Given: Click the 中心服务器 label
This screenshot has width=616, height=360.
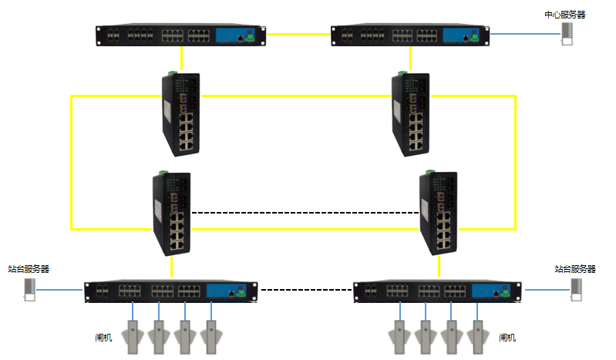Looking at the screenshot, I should (x=564, y=14).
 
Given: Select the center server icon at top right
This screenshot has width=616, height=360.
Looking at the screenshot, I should (x=567, y=35).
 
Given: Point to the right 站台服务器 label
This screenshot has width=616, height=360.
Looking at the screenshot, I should (x=575, y=269).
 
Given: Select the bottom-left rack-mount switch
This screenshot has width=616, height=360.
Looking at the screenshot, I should (x=170, y=291).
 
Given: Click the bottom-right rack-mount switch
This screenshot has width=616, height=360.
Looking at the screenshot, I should (x=439, y=291).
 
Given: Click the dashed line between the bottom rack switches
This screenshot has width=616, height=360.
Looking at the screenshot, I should (x=305, y=291).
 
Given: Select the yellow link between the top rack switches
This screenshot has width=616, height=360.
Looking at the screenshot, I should (x=301, y=34).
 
